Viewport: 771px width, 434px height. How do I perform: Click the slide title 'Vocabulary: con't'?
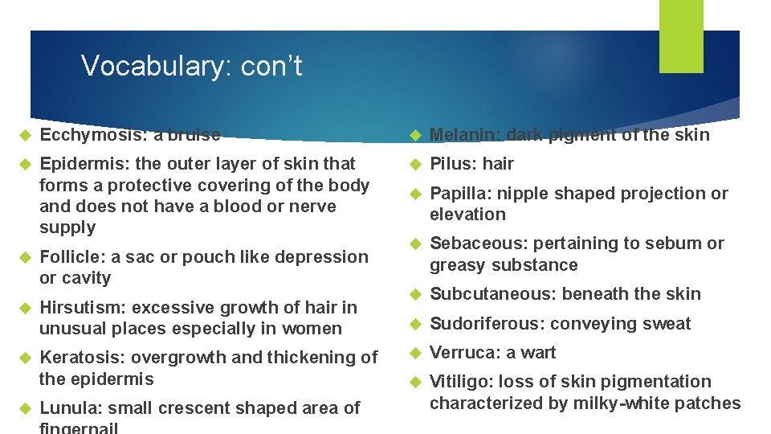191,66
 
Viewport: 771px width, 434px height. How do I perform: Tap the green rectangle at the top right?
681,36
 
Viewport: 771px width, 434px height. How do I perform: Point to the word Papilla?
459,194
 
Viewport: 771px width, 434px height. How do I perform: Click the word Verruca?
460,353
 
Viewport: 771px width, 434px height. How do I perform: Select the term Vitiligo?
459,382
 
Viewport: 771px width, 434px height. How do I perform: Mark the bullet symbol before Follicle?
25,257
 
